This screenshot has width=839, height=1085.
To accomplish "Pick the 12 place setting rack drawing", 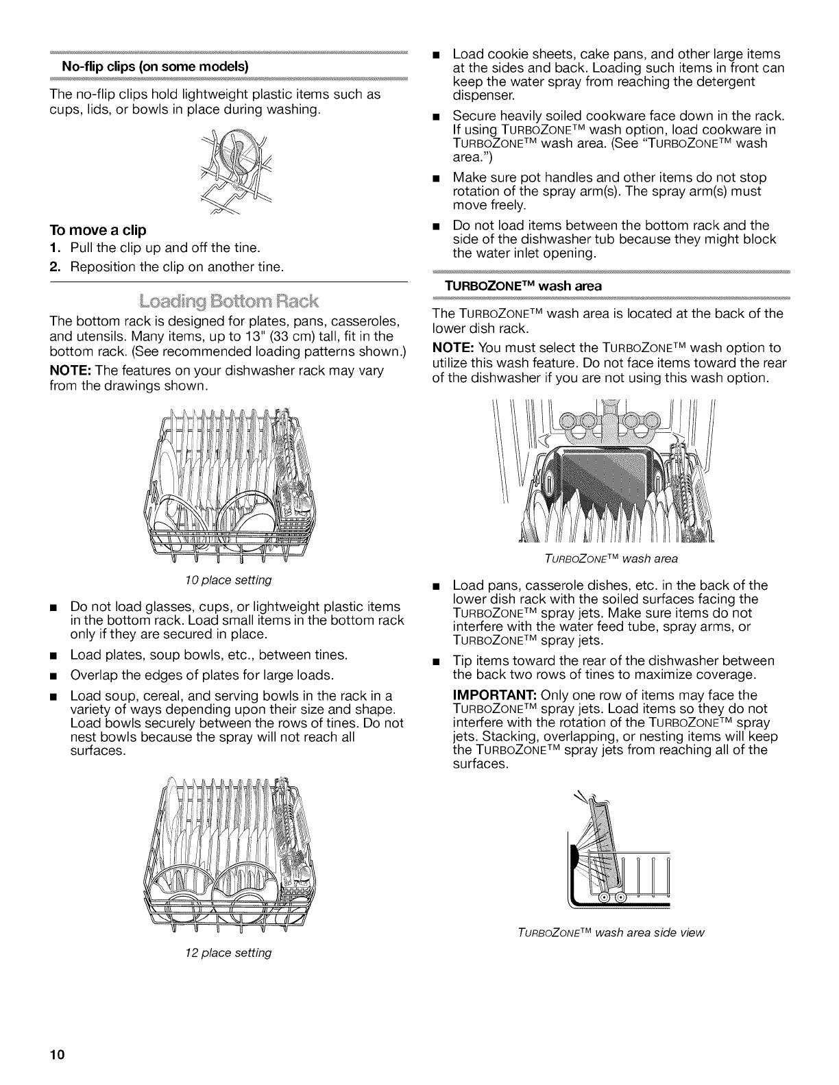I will pyautogui.click(x=230, y=858).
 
